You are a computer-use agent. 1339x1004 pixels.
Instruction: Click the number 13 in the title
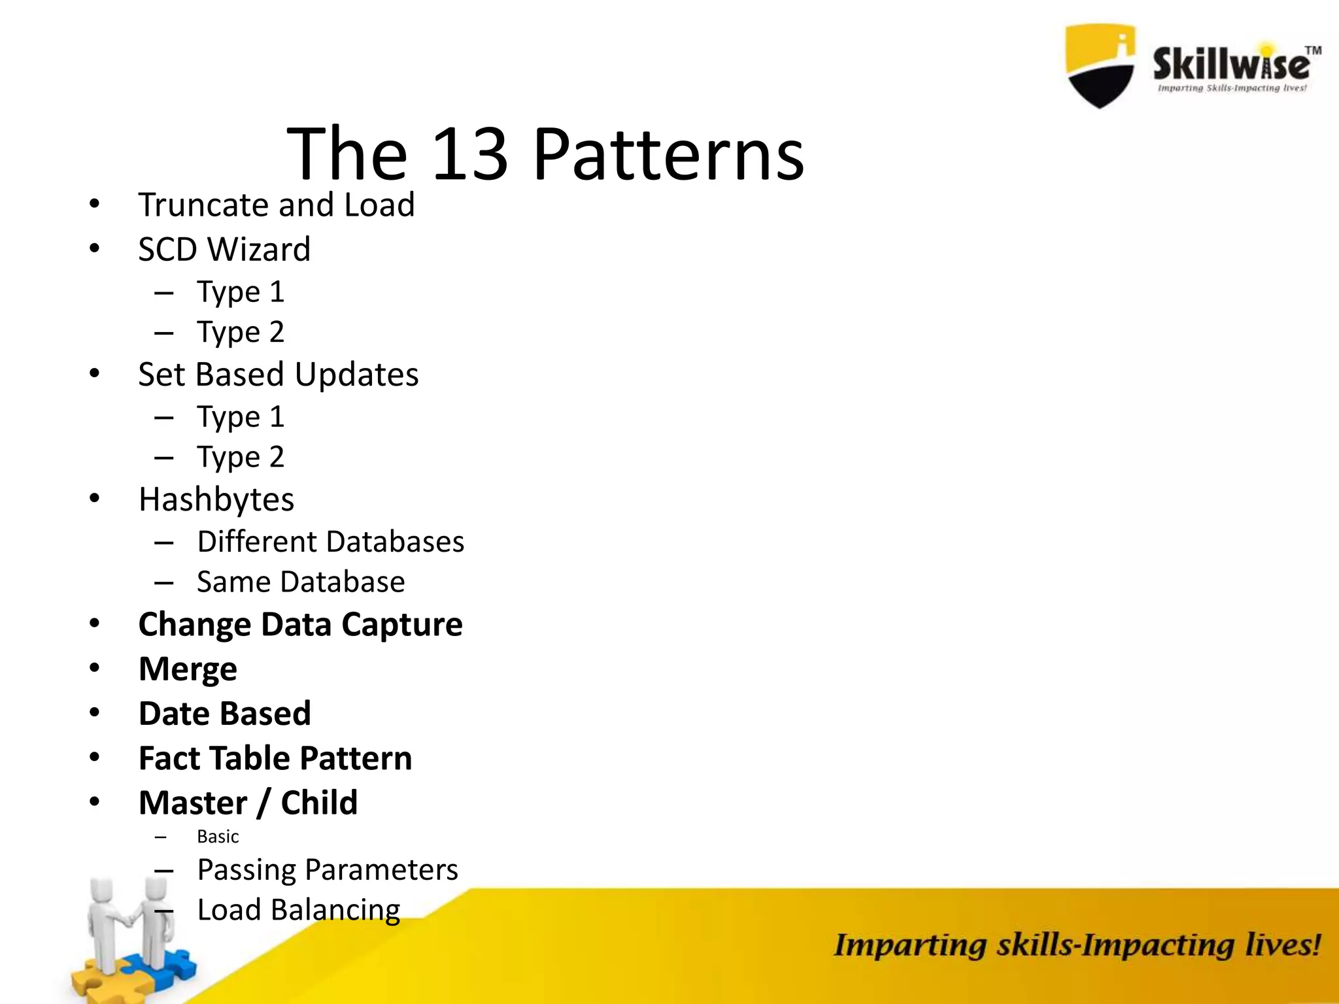click(469, 154)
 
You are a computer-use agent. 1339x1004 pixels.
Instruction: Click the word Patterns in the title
click(668, 156)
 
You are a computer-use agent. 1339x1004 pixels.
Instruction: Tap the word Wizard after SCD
click(259, 250)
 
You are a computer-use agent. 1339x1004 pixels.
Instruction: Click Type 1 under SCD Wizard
click(241, 292)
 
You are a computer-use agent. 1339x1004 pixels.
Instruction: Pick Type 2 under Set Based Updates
click(241, 457)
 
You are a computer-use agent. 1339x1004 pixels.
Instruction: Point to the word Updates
click(356, 375)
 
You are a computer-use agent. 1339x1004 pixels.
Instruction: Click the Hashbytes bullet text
click(216, 500)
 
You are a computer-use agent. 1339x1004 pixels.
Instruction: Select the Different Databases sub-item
click(331, 542)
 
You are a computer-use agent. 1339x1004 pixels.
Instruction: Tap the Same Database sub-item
click(301, 582)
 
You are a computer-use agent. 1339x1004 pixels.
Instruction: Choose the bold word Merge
click(188, 669)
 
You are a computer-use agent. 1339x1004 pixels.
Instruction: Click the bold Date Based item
click(225, 713)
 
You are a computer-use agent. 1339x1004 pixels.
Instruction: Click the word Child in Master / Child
click(319, 803)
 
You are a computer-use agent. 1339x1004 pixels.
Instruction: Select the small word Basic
click(218, 837)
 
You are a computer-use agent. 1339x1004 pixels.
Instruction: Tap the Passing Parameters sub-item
click(328, 870)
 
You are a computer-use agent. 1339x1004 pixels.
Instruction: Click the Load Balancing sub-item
click(299, 910)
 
